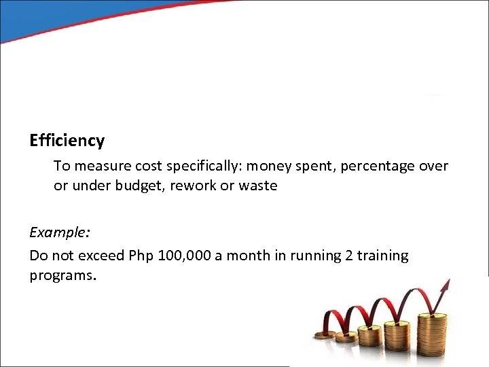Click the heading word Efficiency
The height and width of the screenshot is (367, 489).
coord(67,141)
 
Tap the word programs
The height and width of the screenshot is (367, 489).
coord(62,277)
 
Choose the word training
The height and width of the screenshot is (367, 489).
coord(383,256)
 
